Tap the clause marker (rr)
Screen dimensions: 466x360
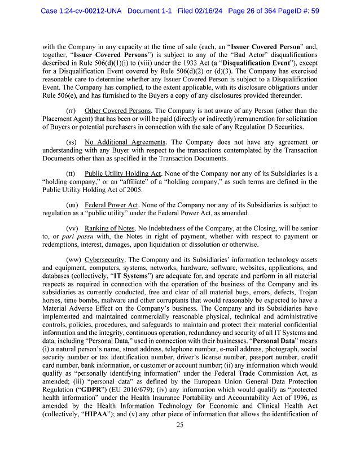point(72,111)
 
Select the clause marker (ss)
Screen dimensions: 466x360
point(72,142)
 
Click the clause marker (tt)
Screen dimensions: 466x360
point(71,173)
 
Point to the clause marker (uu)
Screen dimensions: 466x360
point(72,205)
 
